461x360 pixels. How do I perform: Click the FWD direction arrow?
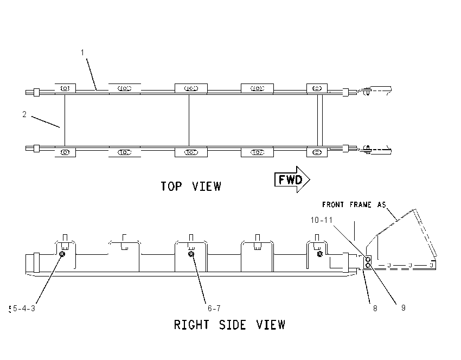292,179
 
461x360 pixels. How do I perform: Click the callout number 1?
82,53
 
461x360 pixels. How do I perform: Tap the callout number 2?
24,114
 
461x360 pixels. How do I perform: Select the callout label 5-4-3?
24,308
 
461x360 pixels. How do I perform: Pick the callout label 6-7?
214,308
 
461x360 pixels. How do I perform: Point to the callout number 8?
375,308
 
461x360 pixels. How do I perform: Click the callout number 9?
404,308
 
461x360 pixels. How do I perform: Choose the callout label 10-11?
322,220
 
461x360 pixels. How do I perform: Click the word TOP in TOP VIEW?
171,187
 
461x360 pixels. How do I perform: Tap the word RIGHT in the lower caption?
191,325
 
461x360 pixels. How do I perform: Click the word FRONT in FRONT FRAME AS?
333,204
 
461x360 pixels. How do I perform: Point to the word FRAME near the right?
361,204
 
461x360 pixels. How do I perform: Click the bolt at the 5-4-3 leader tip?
62,254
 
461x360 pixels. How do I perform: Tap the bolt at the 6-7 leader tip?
191,254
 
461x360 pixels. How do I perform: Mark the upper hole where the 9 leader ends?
368,260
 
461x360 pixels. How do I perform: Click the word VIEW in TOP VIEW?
207,187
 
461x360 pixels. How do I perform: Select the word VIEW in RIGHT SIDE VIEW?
271,325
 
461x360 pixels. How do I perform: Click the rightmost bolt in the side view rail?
320,254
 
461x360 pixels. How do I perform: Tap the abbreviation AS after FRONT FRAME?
382,204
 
